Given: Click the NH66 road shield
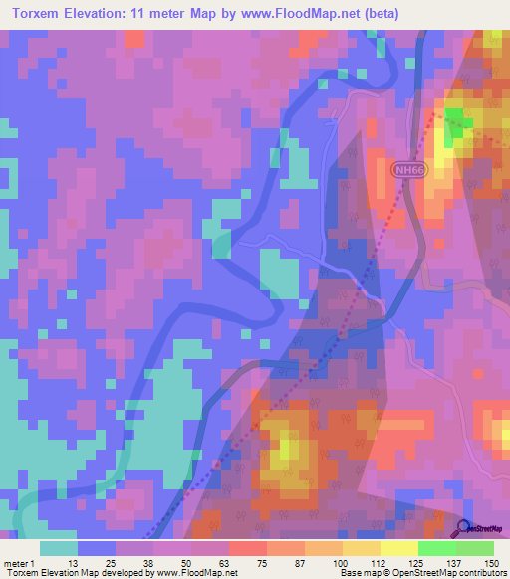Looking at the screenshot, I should coord(407,170).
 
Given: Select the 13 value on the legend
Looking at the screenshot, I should coord(72,562).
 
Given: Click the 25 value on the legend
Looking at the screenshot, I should coord(110,562).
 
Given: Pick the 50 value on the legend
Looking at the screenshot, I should coord(186,562).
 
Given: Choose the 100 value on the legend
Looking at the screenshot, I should coord(340,562).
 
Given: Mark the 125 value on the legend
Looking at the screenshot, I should coord(415,562).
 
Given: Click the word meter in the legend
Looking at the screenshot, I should coord(17,562).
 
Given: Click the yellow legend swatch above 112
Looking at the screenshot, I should coord(362,548).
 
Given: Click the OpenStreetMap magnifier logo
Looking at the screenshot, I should coord(463,527).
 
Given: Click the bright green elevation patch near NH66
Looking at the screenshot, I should coord(457,127).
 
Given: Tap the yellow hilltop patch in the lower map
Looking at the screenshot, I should coord(285,451).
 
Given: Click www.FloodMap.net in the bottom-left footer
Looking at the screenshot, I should coord(195,573).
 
